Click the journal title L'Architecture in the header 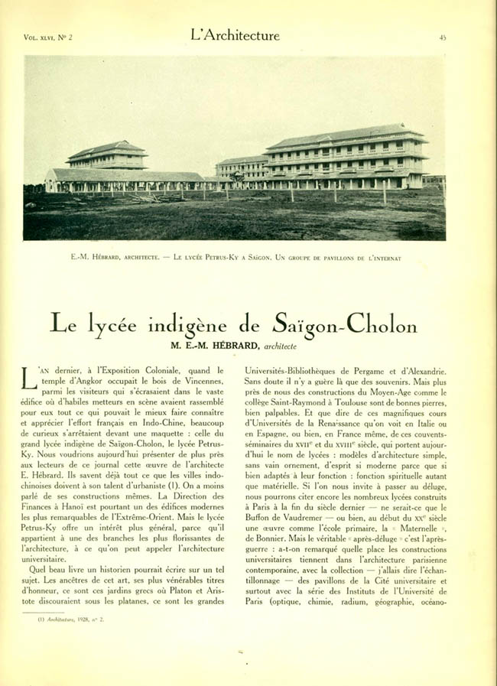[x=235, y=36]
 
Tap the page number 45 [x=443, y=37]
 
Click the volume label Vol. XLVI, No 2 [x=47, y=37]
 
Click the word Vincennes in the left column [x=200, y=381]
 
